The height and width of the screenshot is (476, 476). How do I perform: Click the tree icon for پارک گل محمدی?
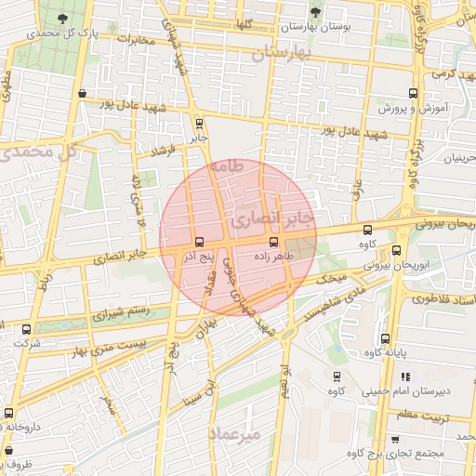tap(61, 19)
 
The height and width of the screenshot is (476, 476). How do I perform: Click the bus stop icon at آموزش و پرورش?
tap(414, 93)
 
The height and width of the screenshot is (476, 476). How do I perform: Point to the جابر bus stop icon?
tap(199, 122)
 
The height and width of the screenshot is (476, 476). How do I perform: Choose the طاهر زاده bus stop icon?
tap(259, 241)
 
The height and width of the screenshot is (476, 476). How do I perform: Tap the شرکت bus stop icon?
tap(26, 329)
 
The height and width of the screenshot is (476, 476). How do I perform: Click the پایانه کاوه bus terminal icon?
tap(386, 338)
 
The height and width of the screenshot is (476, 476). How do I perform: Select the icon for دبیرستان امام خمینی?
tap(405, 377)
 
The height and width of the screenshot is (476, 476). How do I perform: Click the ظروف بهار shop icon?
tap(8, 449)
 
